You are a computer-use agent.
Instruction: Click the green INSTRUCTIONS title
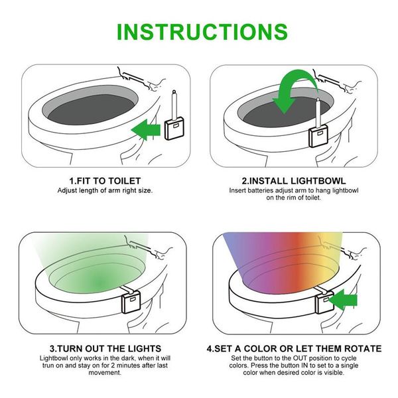pyautogui.click(x=198, y=31)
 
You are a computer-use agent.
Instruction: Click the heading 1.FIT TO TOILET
pyautogui.click(x=105, y=180)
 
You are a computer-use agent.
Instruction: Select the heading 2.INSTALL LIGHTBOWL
pyautogui.click(x=294, y=180)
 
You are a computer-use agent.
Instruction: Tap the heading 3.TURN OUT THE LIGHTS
pyautogui.click(x=105, y=348)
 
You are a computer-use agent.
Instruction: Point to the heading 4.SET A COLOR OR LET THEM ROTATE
pyautogui.click(x=294, y=348)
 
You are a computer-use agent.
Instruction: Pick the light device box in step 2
pyautogui.click(x=318, y=135)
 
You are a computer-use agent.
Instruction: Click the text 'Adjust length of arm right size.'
pyautogui.click(x=105, y=190)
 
